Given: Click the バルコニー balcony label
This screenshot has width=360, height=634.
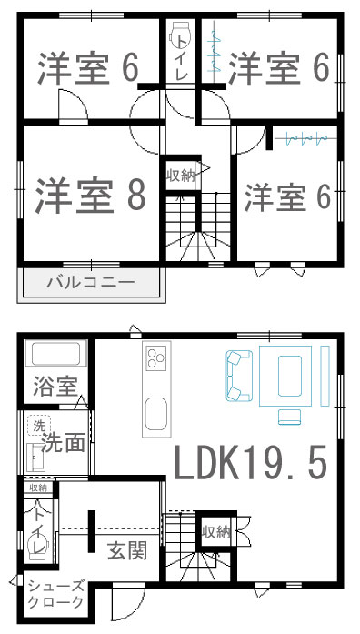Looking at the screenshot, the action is pyautogui.click(x=91, y=282).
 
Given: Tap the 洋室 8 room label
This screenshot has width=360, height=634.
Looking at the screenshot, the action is pyautogui.click(x=90, y=196).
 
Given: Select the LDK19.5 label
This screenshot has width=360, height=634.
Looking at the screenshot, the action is pyautogui.click(x=251, y=462).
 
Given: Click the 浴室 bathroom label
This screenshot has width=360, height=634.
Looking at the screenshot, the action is pyautogui.click(x=55, y=386).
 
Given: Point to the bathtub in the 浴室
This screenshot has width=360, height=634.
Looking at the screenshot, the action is pyautogui.click(x=55, y=354).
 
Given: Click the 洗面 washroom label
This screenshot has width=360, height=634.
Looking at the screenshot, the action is pyautogui.click(x=64, y=442).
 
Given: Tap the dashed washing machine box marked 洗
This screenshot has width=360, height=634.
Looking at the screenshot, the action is pyautogui.click(x=39, y=425).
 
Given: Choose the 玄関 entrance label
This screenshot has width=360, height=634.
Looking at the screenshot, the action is pyautogui.click(x=127, y=550).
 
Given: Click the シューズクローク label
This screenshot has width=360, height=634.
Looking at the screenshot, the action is pyautogui.click(x=56, y=594).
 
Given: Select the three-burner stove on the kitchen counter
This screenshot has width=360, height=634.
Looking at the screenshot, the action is pyautogui.click(x=156, y=357).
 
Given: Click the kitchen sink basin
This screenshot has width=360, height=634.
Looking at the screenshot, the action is pyautogui.click(x=155, y=414).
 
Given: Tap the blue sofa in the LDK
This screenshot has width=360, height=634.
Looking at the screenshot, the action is pyautogui.click(x=239, y=376).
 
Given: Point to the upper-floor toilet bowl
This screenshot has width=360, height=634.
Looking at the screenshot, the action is pyautogui.click(x=178, y=35).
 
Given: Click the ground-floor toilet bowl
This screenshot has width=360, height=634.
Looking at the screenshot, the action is pyautogui.click(x=38, y=546).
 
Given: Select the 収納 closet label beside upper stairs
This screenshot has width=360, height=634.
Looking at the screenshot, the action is pyautogui.click(x=180, y=176).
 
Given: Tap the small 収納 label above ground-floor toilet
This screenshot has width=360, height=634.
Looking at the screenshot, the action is pyautogui.click(x=38, y=488).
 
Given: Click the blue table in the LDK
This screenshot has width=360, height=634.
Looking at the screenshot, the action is pyautogui.click(x=290, y=376).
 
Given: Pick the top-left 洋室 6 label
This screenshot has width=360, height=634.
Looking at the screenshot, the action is pyautogui.click(x=88, y=68).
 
